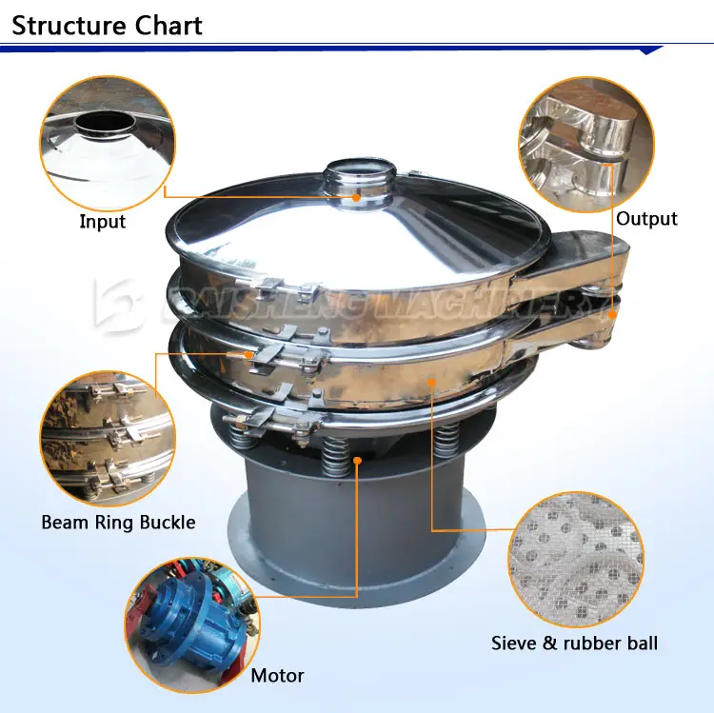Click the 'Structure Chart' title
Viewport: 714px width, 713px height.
[107, 25]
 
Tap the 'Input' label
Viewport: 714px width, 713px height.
[102, 222]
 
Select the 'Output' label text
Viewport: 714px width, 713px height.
[646, 219]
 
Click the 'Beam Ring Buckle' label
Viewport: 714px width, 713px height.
[118, 522]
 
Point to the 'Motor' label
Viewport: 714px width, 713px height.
[277, 676]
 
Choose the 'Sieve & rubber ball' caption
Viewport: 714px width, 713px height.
[574, 644]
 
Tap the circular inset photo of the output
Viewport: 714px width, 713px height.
[585, 143]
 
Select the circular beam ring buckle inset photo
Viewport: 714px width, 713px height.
[108, 439]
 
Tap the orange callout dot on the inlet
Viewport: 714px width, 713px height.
[357, 197]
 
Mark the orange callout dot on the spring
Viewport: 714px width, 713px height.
[358, 461]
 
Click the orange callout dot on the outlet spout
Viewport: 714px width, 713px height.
[612, 310]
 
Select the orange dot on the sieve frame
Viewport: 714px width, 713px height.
[430, 384]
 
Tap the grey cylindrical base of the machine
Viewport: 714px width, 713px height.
[357, 533]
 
